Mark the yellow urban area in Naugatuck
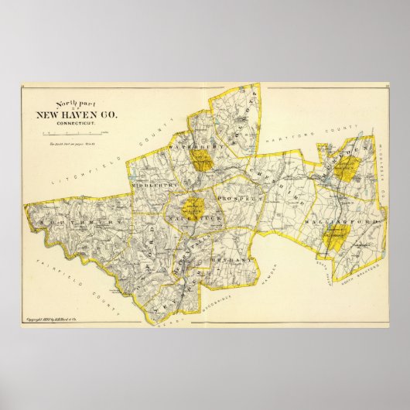193,207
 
